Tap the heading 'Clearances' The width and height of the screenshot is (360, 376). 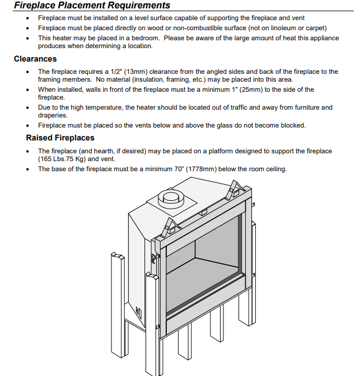point(35,59)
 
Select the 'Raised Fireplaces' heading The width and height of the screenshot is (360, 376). point(60,138)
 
